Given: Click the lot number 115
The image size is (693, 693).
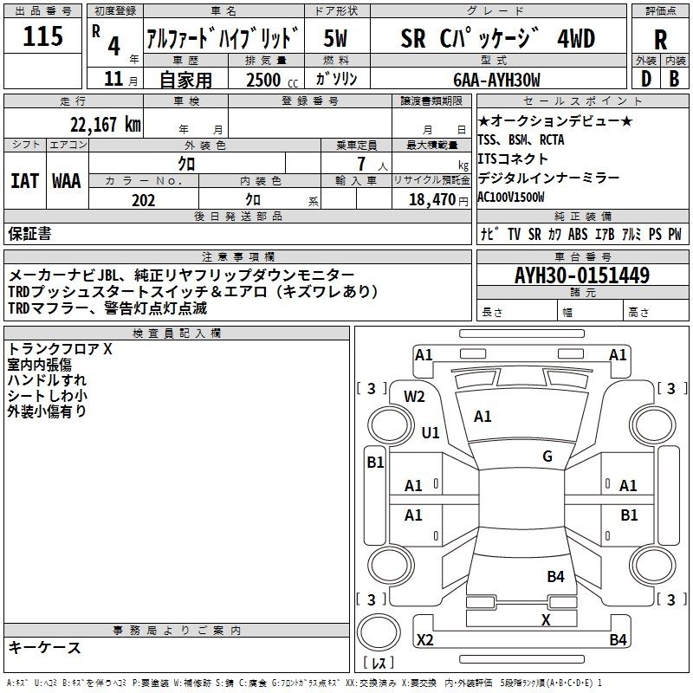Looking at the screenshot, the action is (x=42, y=36).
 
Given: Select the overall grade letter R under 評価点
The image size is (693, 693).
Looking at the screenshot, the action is (x=660, y=40).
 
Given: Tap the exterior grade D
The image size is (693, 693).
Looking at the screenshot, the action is (x=646, y=79).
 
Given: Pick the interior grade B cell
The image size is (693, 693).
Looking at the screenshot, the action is (x=674, y=79).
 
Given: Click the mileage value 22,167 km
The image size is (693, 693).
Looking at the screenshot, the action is (x=106, y=125).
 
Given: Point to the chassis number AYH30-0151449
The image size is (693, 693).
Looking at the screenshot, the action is (x=582, y=275).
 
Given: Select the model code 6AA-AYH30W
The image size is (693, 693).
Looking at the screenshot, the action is (x=496, y=80).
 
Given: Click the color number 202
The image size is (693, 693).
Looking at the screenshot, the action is (x=143, y=200).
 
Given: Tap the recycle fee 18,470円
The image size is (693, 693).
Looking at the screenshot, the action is (x=438, y=200).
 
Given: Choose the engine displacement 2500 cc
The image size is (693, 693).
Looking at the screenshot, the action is (x=272, y=80).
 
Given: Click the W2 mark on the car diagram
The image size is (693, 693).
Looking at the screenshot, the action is (x=414, y=397).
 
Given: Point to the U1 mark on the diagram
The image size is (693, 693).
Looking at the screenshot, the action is (x=431, y=432).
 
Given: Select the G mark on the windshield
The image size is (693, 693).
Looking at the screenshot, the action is (x=547, y=457).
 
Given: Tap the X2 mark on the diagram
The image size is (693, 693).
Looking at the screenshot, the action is (x=425, y=639).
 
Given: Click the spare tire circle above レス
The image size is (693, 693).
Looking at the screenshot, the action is (x=379, y=631).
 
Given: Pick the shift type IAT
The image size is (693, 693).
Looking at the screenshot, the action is (x=24, y=181).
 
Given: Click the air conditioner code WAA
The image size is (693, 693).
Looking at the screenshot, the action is (x=67, y=181).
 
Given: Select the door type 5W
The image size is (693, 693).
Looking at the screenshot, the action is (x=335, y=38).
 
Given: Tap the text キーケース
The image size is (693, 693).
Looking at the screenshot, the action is (x=45, y=647).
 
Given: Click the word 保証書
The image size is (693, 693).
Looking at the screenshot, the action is (x=29, y=233).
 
